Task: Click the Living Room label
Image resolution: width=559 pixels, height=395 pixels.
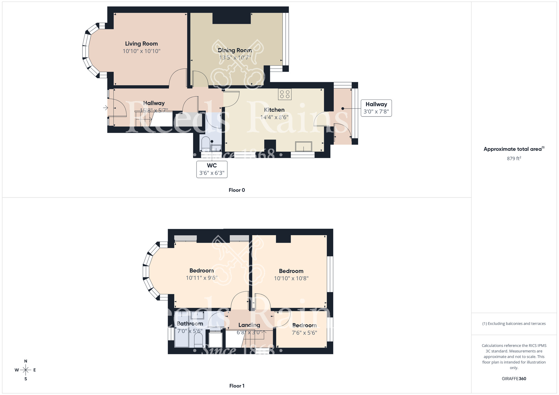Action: click(141, 44)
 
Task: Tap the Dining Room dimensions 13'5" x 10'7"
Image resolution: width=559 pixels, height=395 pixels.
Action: click(235, 58)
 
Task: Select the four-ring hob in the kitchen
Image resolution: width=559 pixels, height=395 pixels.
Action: click(285, 94)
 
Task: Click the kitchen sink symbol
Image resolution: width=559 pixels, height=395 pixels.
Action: click(303, 146)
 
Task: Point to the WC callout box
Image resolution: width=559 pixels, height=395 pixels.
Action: click(212, 169)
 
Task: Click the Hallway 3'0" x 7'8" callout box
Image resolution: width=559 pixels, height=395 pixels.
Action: click(376, 108)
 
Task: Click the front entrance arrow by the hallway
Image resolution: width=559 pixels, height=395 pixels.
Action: click(105, 108)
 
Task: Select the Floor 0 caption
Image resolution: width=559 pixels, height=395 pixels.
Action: click(237, 190)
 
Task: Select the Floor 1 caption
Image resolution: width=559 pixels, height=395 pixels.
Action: click(237, 386)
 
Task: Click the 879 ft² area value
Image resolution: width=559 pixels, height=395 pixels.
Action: click(514, 158)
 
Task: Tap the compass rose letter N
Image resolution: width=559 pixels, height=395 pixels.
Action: click(26, 361)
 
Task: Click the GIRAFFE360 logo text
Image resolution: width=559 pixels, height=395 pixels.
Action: click(514, 379)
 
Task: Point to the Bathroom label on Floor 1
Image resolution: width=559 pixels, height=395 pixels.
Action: click(190, 323)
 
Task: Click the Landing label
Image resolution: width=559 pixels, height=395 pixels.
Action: click(249, 325)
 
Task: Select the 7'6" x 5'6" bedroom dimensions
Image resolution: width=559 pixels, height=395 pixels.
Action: click(304, 333)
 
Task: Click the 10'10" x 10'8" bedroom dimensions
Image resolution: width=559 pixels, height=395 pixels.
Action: click(291, 278)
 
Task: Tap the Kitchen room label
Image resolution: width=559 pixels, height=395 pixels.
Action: click(274, 110)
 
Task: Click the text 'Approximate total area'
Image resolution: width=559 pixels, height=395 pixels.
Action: click(512, 149)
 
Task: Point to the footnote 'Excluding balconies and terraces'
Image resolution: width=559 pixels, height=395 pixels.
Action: click(514, 323)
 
